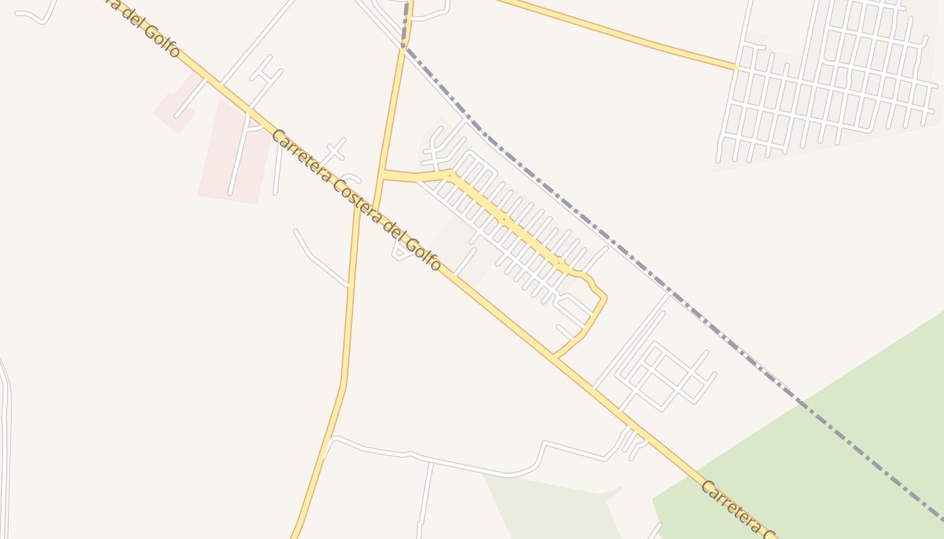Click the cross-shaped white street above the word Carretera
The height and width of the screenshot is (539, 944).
point(335,149)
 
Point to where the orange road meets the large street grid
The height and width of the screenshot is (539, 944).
point(738,68)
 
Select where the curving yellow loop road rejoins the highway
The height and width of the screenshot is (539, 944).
point(554,355)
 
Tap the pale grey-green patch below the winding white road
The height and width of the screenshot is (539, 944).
point(553,505)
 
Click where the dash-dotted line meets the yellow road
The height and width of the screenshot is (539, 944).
point(405,40)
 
